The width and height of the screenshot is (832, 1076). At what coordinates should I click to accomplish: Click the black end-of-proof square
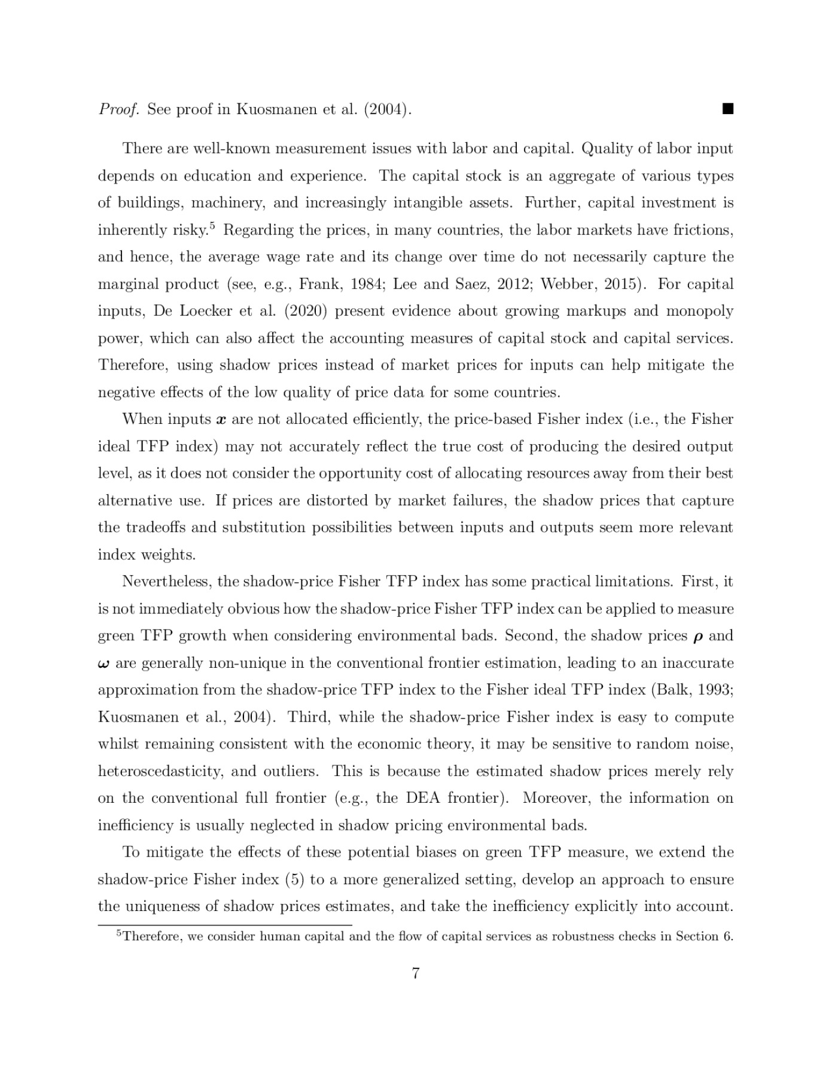point(727,109)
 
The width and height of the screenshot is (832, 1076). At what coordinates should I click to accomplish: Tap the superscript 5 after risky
point(212,225)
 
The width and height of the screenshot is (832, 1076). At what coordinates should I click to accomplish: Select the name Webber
point(566,284)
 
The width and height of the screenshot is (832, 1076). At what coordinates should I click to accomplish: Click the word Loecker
point(206,311)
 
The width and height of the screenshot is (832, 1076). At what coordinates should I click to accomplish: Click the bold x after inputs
point(221,420)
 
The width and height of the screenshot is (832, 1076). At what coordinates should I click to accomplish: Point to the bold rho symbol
point(697,637)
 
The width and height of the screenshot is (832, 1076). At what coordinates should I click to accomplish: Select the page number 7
point(415,974)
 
